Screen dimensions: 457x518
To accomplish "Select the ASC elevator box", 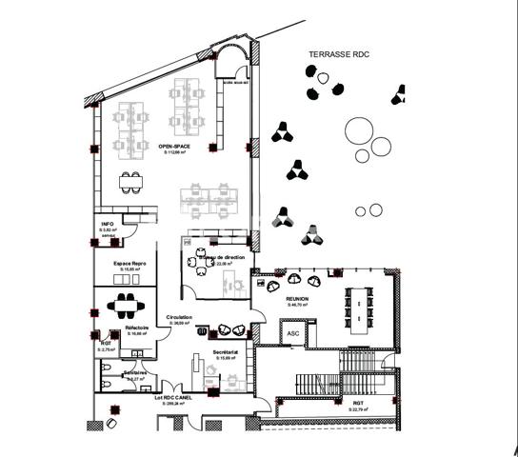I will [291, 333].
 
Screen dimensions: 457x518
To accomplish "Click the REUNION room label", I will [298, 299].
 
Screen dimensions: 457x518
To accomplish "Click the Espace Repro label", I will [128, 261].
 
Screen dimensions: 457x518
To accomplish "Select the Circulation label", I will [179, 317].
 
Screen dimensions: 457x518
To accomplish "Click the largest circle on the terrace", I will [360, 129].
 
